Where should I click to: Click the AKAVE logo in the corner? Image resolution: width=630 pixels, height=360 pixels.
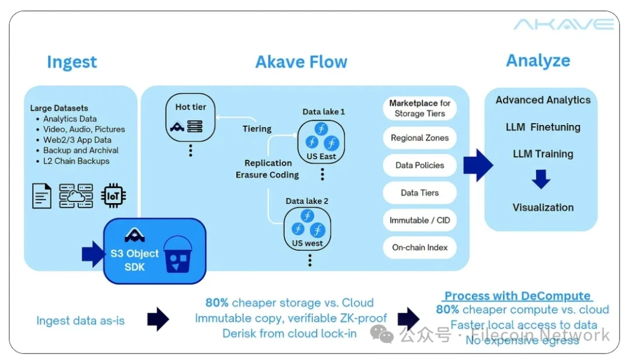(563, 25)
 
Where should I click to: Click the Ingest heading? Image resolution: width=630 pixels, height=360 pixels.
(72, 62)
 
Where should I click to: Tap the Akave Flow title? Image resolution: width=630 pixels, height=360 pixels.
(301, 62)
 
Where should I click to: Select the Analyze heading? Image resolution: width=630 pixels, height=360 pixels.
(538, 61)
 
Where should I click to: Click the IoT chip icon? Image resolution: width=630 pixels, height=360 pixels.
(113, 196)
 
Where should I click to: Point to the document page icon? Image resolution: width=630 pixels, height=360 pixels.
(41, 196)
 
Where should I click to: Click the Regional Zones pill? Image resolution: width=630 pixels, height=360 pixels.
(419, 138)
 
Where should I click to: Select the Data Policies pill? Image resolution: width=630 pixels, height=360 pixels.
(419, 165)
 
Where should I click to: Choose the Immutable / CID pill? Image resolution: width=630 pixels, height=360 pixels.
(419, 221)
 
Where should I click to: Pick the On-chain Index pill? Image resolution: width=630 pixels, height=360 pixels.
(419, 247)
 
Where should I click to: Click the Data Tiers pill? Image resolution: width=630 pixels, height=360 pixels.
(419, 193)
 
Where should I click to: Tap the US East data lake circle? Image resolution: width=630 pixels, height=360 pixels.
(321, 141)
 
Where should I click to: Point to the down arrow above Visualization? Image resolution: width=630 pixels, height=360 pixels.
(541, 179)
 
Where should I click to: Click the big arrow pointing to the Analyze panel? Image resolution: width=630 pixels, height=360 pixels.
(478, 166)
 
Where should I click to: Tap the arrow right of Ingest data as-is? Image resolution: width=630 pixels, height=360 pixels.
(157, 319)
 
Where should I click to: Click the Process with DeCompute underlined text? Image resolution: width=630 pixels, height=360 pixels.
(517, 296)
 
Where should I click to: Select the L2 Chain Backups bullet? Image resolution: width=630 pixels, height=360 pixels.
(76, 160)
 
